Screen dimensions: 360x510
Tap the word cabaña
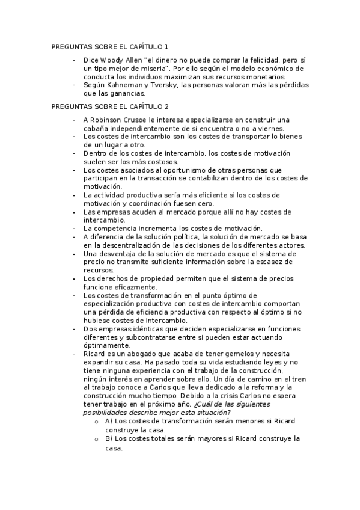98,128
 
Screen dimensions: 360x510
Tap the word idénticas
151,329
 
